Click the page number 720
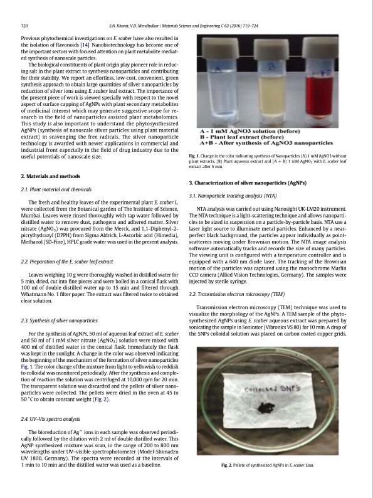(x=26, y=26)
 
